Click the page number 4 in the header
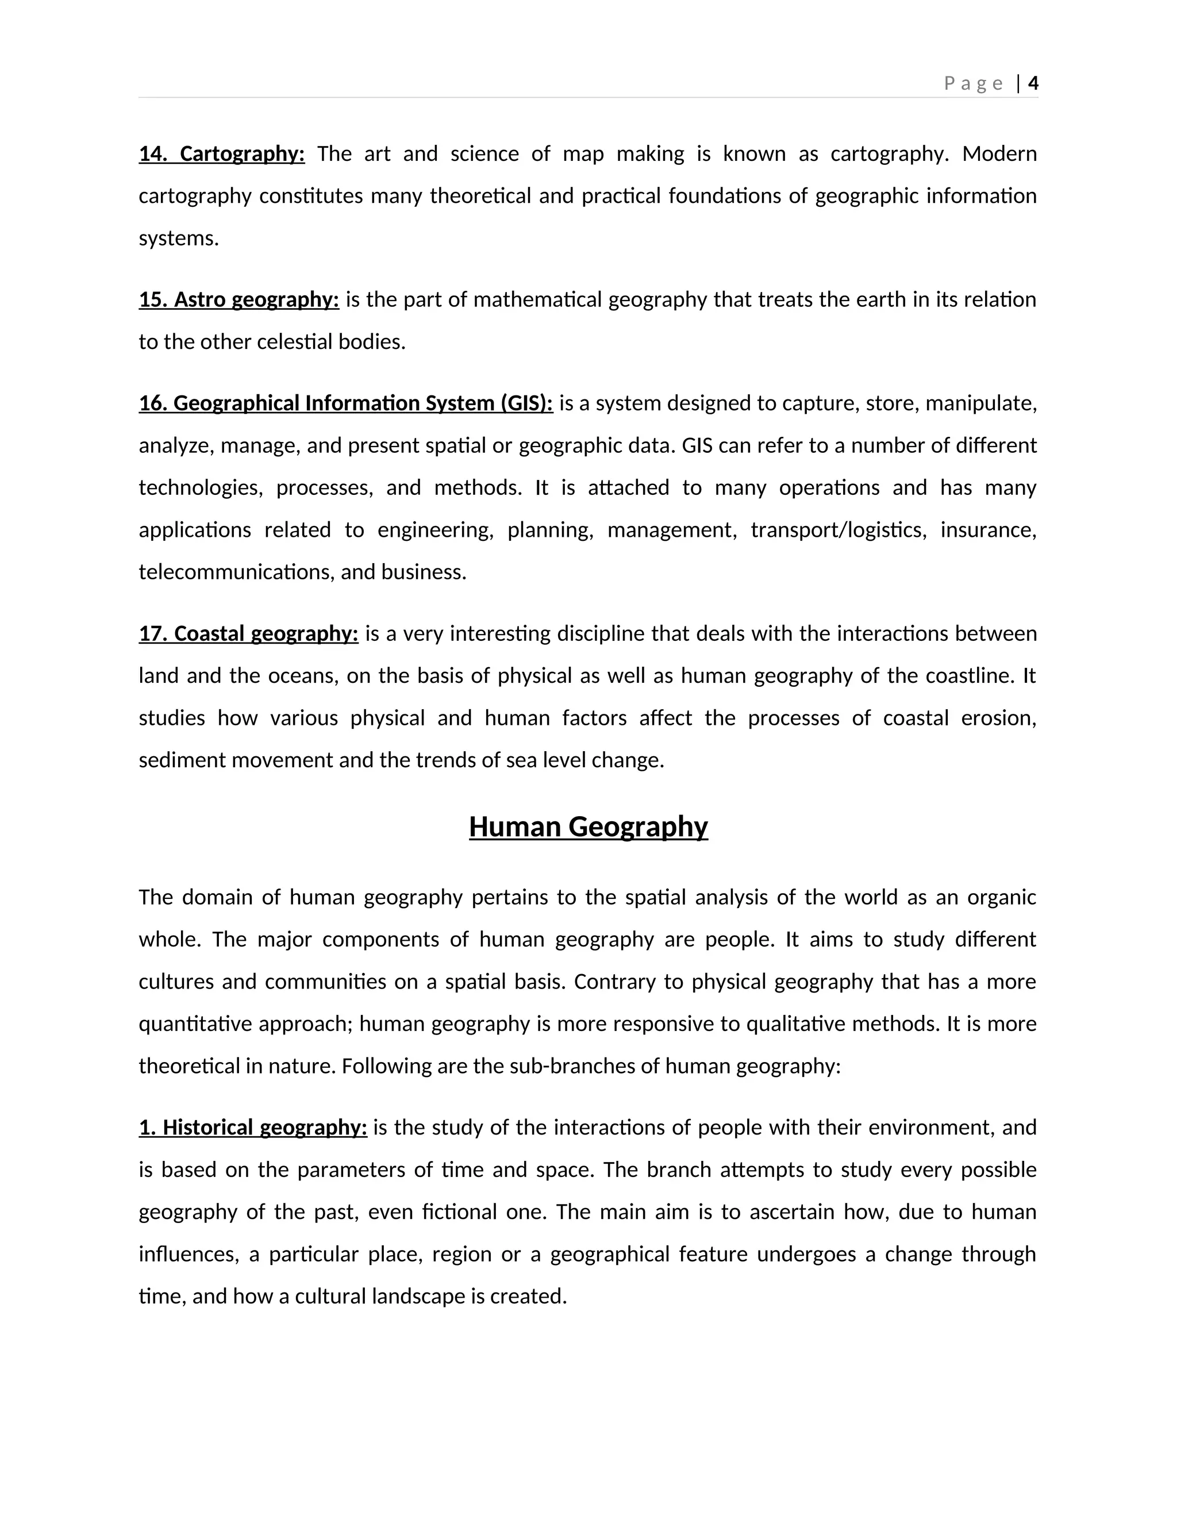pyautogui.click(x=1033, y=84)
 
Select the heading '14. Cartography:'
pyautogui.click(x=222, y=154)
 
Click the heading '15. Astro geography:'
pyautogui.click(x=239, y=300)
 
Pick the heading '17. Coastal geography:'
pyautogui.click(x=248, y=634)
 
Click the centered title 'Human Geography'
pyautogui.click(x=588, y=827)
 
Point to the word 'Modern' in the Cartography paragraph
pyautogui.click(x=999, y=154)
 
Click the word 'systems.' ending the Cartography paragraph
pyautogui.click(x=179, y=239)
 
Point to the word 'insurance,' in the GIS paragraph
pyautogui.click(x=988, y=530)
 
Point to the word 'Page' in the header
pyautogui.click(x=974, y=84)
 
